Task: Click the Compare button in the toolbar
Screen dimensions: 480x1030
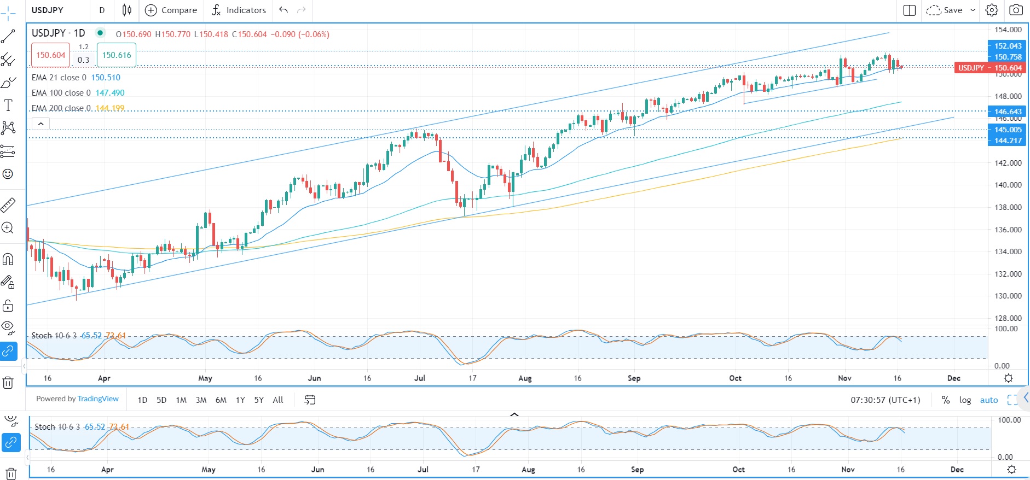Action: (x=171, y=10)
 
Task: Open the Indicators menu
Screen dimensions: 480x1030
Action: (x=239, y=10)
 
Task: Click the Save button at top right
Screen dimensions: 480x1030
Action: (x=952, y=10)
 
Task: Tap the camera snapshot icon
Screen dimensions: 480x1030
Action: (x=1016, y=10)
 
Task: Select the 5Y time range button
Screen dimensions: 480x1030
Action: (x=259, y=400)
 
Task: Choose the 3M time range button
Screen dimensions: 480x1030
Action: (x=201, y=400)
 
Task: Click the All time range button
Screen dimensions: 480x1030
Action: (x=278, y=400)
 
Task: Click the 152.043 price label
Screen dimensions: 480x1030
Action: (x=1008, y=46)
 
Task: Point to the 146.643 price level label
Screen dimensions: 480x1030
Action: (x=1008, y=112)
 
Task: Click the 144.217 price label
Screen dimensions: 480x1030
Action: (x=1008, y=141)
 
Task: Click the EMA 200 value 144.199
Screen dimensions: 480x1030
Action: (x=110, y=108)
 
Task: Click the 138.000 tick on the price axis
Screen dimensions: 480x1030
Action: (x=1008, y=207)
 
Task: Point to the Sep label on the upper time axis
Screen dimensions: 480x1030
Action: (x=634, y=378)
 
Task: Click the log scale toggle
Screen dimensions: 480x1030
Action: (x=965, y=400)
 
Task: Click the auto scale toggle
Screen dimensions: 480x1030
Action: (x=988, y=400)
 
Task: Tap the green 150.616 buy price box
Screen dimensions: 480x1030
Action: (x=117, y=55)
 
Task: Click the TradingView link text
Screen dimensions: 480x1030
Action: (x=98, y=399)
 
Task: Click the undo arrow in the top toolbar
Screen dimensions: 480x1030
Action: (x=283, y=10)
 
